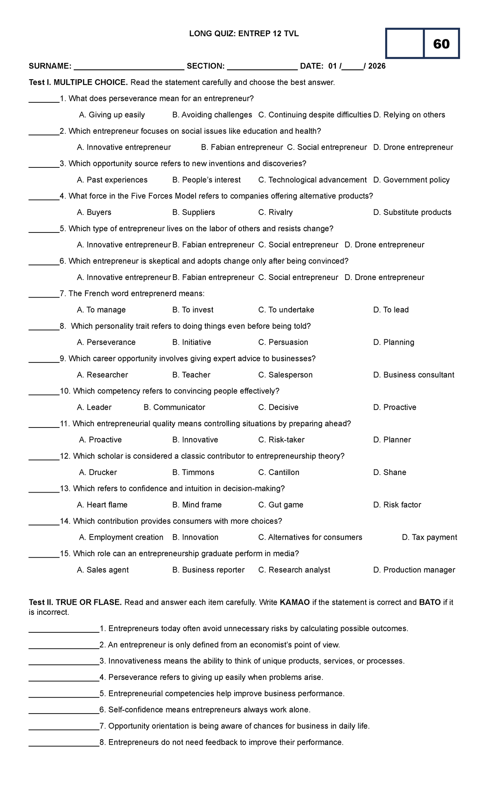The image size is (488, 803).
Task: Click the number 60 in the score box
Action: tap(441, 44)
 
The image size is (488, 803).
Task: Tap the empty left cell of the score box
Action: tap(405, 43)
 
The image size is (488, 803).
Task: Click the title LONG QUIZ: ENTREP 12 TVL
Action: tap(244, 34)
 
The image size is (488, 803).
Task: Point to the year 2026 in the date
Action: tap(377, 66)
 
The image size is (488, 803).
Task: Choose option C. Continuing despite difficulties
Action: tap(315, 115)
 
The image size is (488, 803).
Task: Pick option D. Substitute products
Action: tap(412, 213)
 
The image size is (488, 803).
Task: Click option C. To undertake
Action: tap(286, 310)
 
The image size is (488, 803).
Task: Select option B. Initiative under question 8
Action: tap(192, 343)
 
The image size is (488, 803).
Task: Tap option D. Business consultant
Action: tap(414, 375)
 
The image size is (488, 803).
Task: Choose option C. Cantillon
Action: tap(279, 473)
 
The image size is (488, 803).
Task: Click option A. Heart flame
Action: tap(102, 505)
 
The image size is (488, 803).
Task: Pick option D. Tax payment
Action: tap(429, 538)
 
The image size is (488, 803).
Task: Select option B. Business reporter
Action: tap(208, 570)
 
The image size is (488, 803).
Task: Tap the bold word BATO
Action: tap(429, 603)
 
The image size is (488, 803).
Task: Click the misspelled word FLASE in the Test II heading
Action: tap(108, 603)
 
